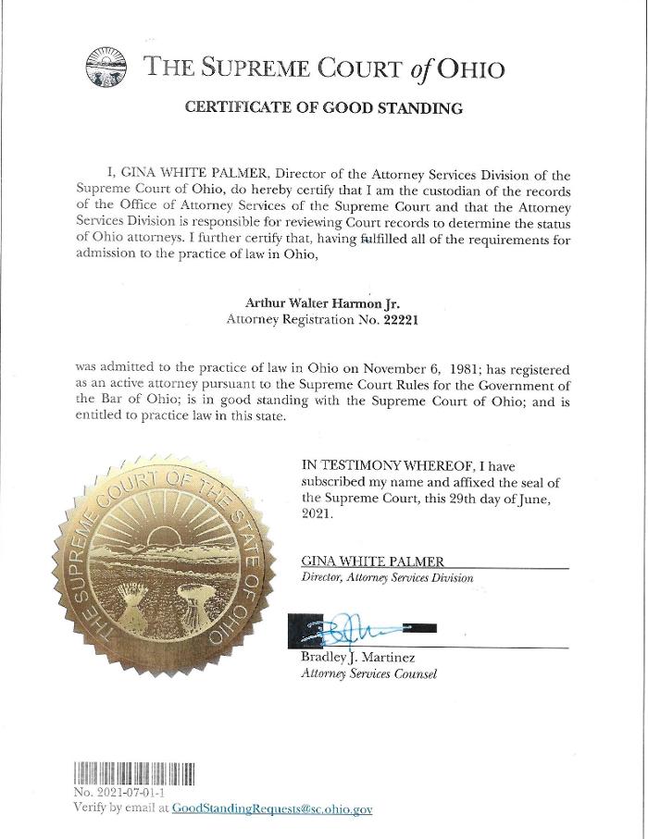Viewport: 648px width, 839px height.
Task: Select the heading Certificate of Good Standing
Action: coord(323,108)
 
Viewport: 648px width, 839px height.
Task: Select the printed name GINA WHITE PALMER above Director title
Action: coord(373,561)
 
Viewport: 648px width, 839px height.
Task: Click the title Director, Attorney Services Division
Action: coord(387,578)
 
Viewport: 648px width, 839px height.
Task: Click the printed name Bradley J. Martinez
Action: coord(358,658)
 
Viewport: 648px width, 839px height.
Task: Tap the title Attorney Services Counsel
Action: coord(368,674)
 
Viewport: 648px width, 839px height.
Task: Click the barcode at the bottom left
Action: coord(133,773)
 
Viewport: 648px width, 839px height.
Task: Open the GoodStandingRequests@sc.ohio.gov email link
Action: coord(272,808)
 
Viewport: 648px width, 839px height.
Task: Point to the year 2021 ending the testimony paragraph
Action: coord(317,515)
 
